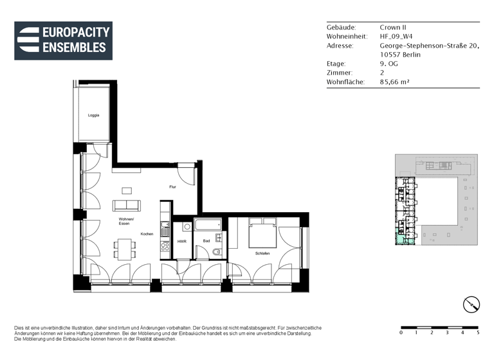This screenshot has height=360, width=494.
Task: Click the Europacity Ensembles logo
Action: [x=63, y=40]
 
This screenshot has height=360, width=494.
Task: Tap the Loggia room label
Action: [x=94, y=115]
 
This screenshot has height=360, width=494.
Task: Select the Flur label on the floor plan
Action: [x=173, y=186]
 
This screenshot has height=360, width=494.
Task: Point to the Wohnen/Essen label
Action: [x=125, y=221]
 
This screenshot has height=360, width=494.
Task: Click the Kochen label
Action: [x=147, y=234]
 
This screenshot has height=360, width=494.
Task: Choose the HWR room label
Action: [x=182, y=242]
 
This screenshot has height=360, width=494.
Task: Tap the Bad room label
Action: [x=206, y=242]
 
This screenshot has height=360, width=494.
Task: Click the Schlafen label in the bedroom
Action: [x=262, y=253]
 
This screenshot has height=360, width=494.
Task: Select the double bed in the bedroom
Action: [x=262, y=232]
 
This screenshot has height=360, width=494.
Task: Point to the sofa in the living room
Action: [x=126, y=206]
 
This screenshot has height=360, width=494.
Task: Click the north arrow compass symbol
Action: [x=471, y=305]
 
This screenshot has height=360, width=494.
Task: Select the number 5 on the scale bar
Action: [x=477, y=333]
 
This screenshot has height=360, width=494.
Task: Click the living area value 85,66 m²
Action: [x=395, y=82]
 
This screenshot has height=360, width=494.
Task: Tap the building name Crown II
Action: [x=394, y=28]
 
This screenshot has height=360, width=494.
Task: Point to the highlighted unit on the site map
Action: [x=401, y=240]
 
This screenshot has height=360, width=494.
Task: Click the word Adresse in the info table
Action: [x=340, y=46]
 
